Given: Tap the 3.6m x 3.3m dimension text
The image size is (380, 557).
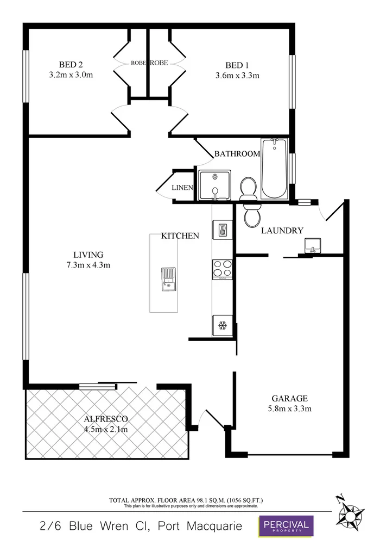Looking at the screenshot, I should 237,76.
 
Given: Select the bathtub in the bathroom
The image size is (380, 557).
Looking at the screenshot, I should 275,169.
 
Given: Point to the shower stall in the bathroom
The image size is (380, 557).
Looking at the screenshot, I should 215,185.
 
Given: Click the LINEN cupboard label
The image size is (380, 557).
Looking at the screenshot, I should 183,188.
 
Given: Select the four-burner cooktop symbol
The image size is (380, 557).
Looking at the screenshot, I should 222,269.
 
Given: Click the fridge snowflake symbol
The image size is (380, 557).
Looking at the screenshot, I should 222,326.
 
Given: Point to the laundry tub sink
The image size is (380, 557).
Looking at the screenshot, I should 312,246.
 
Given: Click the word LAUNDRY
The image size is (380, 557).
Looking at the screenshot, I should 282,231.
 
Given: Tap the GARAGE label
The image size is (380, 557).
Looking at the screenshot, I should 288,398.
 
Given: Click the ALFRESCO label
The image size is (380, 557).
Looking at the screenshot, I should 106,419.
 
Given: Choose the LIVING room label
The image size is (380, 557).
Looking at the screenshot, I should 88,255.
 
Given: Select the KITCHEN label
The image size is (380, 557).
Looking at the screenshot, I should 180,236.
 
